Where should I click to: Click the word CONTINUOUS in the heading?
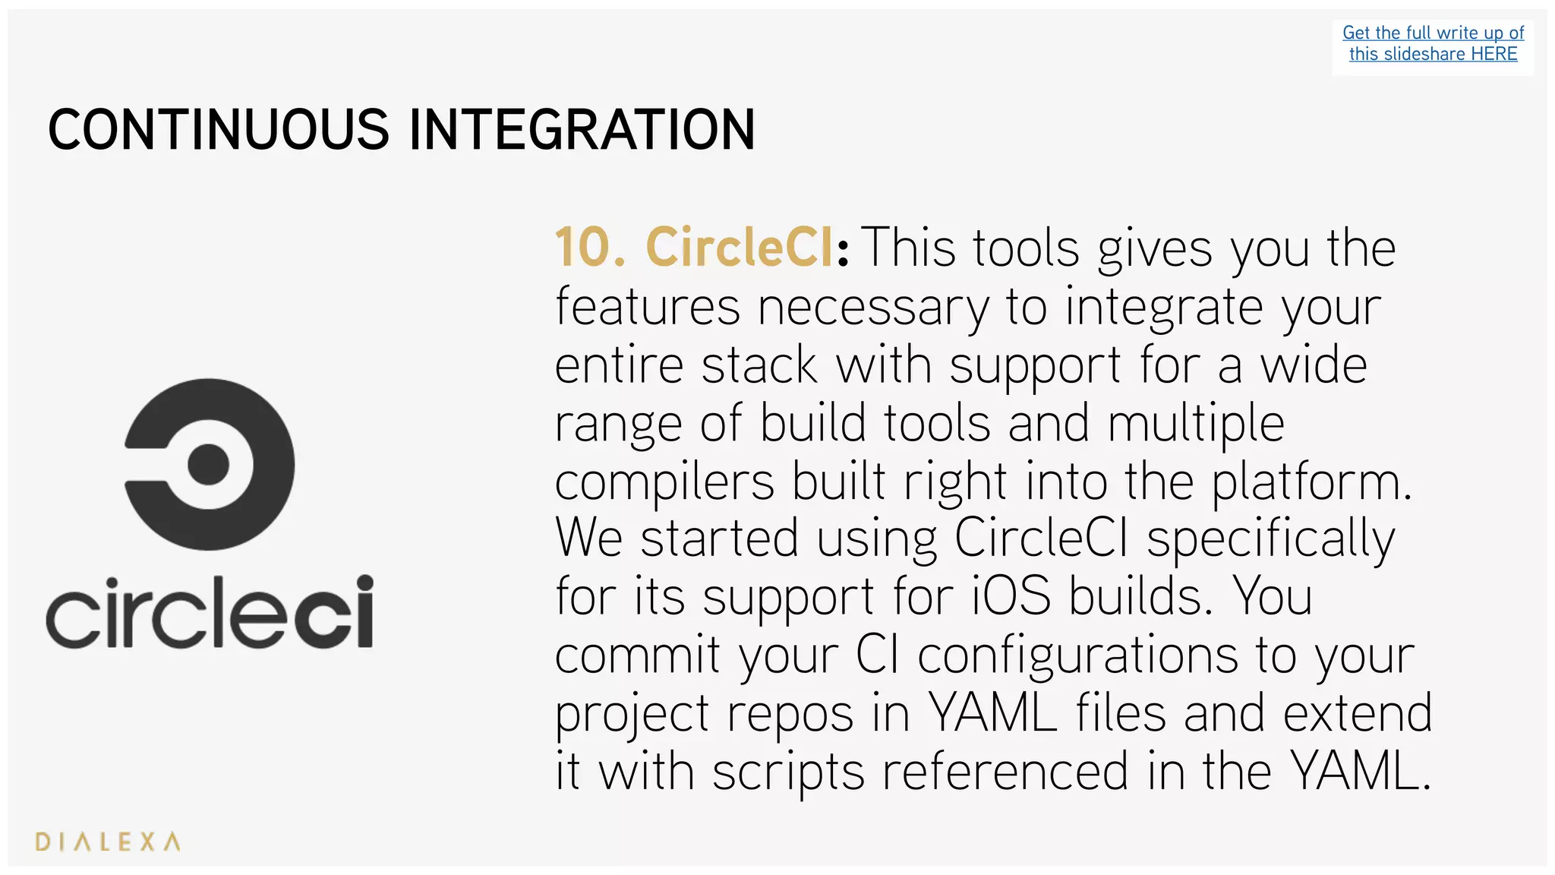(219, 129)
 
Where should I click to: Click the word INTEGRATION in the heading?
(582, 129)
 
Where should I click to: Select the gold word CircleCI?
(740, 247)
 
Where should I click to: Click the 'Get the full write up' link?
(1433, 33)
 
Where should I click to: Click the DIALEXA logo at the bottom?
(108, 842)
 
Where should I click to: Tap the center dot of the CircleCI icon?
(208, 464)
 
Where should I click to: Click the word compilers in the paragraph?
(664, 482)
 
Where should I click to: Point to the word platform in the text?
(1307, 482)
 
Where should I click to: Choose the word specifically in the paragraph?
(1270, 539)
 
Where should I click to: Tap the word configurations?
(1077, 655)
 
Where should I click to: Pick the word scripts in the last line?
(788, 772)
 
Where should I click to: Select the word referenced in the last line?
(1005, 772)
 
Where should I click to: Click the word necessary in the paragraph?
(873, 307)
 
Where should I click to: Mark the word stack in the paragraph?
(759, 365)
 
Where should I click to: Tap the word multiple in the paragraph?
(1195, 423)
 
